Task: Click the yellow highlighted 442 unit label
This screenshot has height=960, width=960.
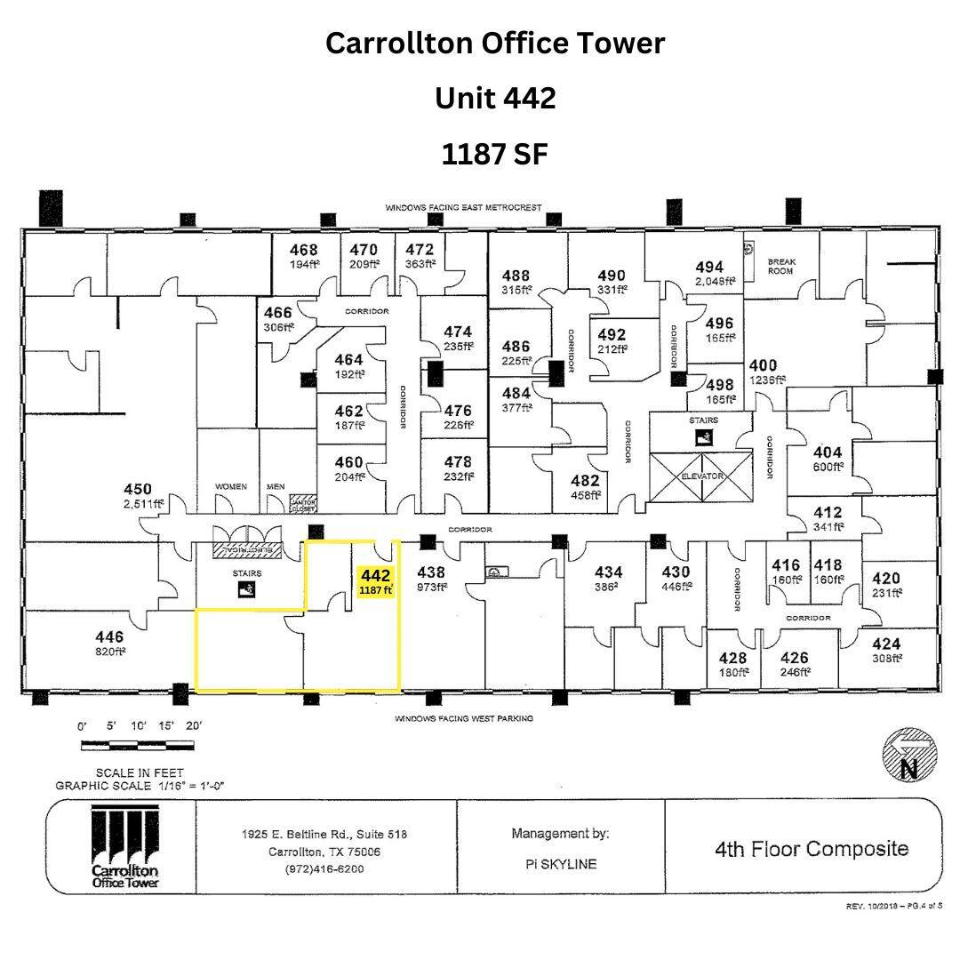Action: [375, 581]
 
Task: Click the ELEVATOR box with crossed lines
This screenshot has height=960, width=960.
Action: [702, 476]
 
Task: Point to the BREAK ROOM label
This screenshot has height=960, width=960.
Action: [781, 266]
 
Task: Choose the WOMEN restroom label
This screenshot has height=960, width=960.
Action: [230, 487]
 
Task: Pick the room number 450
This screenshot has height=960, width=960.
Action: [138, 490]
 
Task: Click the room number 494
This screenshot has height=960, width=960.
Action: [709, 267]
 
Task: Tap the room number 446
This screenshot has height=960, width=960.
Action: [109, 637]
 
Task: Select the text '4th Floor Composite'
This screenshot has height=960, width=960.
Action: [812, 848]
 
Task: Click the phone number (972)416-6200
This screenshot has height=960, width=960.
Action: [325, 868]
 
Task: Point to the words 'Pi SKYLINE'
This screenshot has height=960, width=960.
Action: [560, 864]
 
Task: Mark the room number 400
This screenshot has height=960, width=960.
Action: [763, 365]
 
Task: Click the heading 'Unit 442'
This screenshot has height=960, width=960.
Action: [495, 98]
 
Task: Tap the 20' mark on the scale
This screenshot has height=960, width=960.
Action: [193, 725]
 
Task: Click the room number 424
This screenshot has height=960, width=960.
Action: [886, 644]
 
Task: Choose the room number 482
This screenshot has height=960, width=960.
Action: [586, 481]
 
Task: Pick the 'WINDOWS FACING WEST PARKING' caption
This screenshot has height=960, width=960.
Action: [464, 718]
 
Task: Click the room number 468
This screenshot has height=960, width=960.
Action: [303, 251]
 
